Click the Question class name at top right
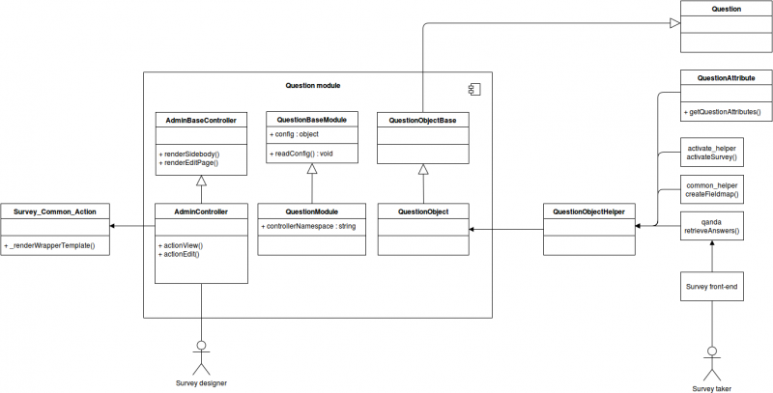coord(726,9)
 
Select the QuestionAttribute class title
coord(726,77)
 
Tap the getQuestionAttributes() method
coord(727,112)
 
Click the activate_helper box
coord(711,152)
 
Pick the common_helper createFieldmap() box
coord(711,188)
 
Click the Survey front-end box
coord(711,287)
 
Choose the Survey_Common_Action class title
coord(55,211)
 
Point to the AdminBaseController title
coord(202,121)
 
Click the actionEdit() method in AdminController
coord(182,254)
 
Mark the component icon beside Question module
coord(473,90)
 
